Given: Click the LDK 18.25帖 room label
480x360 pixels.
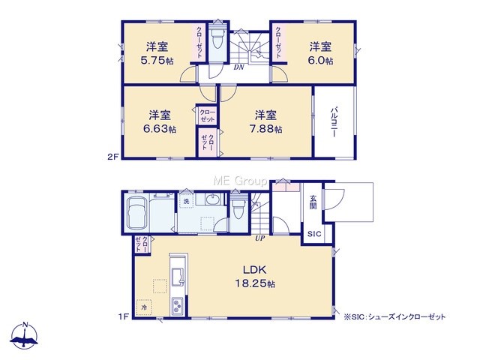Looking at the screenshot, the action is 255,277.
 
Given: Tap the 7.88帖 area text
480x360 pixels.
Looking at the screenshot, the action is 265,129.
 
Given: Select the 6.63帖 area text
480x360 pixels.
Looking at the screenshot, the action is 160,129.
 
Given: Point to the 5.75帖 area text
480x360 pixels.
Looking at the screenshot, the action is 157,61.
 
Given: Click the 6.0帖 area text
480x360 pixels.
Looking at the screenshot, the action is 320,61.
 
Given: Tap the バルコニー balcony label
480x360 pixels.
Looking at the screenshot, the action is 334,121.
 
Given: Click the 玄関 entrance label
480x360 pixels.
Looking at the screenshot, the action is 313,202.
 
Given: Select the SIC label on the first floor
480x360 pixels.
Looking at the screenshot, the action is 314,234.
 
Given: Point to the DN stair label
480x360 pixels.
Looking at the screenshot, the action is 238,67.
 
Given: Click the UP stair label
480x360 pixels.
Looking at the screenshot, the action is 260,238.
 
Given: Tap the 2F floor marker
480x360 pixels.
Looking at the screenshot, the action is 112,157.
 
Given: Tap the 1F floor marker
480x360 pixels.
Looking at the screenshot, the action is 123,317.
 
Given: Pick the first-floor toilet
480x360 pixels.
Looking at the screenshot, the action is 238,208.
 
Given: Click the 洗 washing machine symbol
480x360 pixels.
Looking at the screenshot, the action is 186,201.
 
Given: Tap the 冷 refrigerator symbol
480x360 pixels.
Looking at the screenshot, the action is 144,307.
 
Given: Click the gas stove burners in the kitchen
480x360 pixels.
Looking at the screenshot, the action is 177,306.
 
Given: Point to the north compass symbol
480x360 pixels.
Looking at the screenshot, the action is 25,336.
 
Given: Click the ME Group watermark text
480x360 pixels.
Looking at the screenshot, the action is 240,181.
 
